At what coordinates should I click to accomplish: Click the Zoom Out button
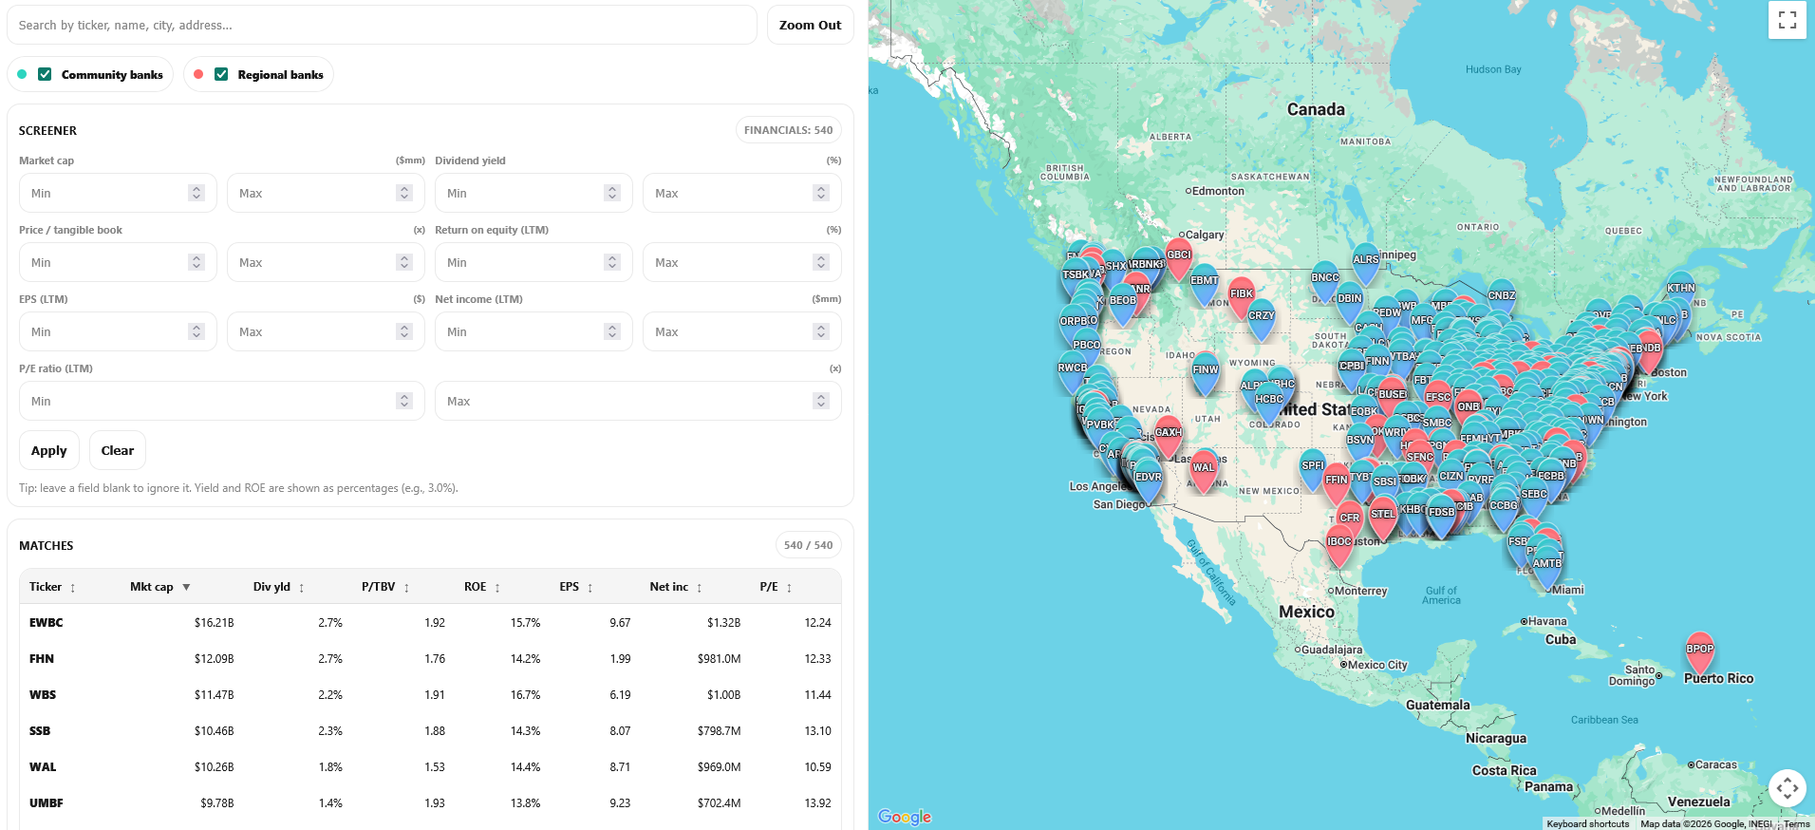point(810,26)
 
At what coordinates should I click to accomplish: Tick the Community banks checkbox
point(45,74)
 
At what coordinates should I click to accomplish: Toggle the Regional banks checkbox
point(221,74)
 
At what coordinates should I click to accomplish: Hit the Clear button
point(118,450)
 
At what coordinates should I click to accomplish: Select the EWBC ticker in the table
point(46,623)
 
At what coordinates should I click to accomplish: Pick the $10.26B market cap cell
point(214,767)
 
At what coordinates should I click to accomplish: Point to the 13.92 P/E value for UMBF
point(817,803)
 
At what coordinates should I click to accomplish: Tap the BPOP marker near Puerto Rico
point(1699,651)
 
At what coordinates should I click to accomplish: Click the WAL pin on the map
point(1204,468)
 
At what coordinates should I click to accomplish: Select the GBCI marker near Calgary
point(1179,255)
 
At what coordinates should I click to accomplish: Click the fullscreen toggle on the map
point(1787,20)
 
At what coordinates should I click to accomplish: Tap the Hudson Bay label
point(1492,69)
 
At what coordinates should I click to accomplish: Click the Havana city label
point(1546,621)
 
